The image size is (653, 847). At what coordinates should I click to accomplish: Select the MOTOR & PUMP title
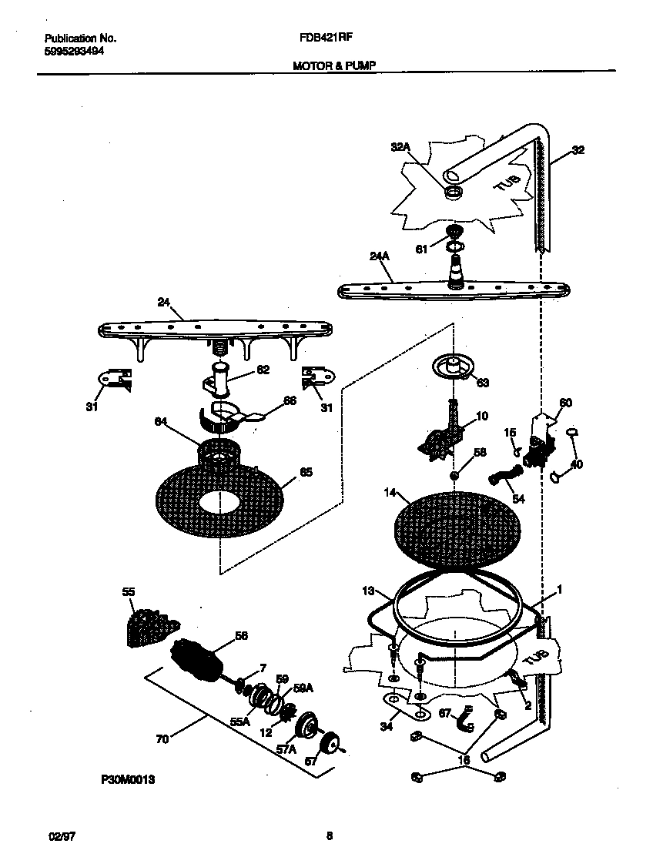(x=333, y=67)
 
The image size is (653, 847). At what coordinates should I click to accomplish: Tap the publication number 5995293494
(x=75, y=51)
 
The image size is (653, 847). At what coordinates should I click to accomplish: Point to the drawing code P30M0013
(x=128, y=780)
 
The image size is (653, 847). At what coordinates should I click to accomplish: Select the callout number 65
(x=306, y=473)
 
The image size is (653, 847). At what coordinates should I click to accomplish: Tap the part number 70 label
(x=162, y=739)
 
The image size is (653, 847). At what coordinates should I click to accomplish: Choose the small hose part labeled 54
(x=503, y=481)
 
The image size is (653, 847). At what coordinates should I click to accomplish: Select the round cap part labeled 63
(x=452, y=366)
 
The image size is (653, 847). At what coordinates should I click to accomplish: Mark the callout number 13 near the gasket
(x=368, y=591)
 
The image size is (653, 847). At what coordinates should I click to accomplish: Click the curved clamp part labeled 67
(x=464, y=720)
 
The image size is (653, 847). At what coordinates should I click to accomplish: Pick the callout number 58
(x=480, y=453)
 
